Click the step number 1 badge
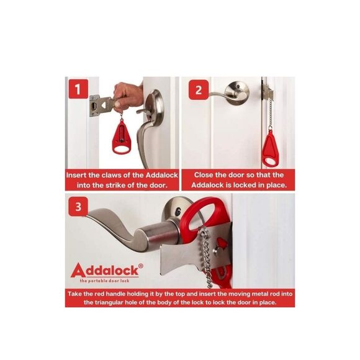78,89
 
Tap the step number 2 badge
198,89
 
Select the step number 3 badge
78,206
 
